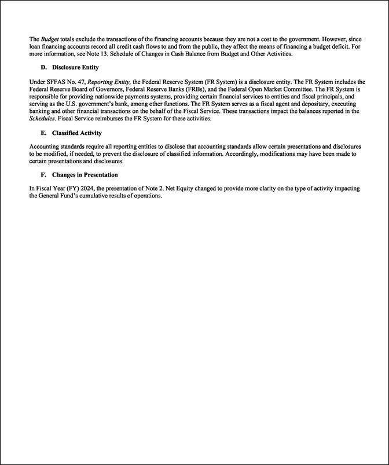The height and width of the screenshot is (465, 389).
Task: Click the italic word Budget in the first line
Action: (x=50, y=39)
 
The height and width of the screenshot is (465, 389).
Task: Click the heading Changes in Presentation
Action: (x=85, y=174)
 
